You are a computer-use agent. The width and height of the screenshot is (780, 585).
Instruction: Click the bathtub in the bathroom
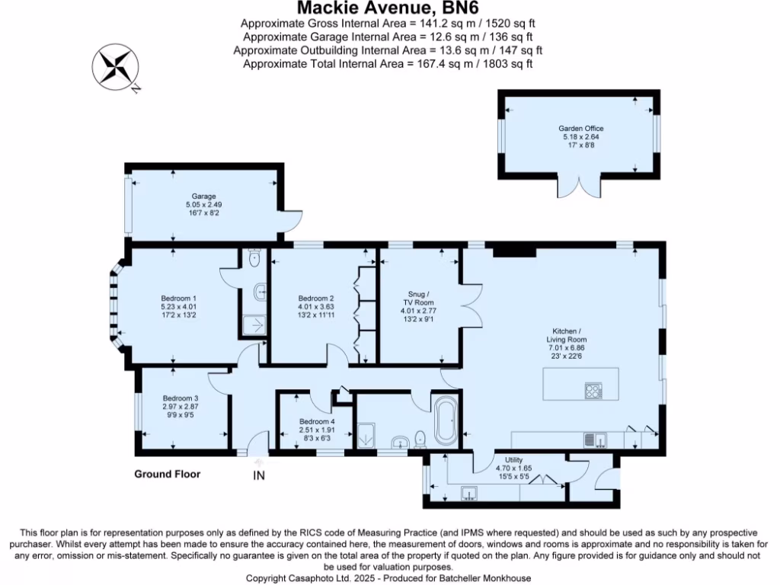[444, 421]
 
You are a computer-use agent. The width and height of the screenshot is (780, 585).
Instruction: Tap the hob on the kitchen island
[593, 392]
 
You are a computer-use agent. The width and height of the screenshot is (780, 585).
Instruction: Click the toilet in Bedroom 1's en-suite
[254, 260]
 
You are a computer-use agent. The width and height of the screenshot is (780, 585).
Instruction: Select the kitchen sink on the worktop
[595, 440]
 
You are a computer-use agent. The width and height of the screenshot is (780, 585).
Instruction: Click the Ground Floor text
[168, 474]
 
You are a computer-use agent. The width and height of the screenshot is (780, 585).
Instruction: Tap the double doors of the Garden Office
[580, 187]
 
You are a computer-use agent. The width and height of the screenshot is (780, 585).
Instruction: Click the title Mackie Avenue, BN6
[388, 9]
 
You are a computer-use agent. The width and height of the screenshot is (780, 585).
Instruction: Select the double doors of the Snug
[468, 308]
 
